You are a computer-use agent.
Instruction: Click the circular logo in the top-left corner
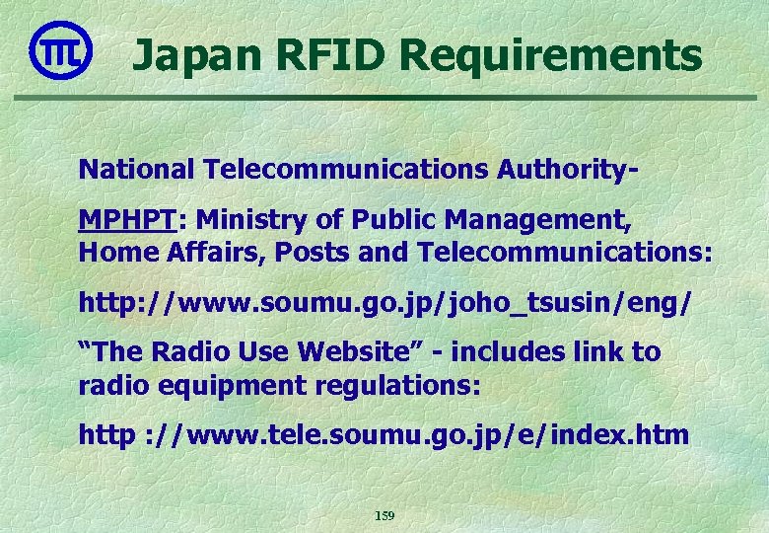coord(61,50)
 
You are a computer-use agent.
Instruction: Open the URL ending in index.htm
coord(384,435)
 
